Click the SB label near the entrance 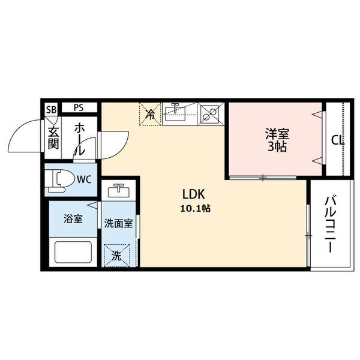[52, 109]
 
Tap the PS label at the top [79, 108]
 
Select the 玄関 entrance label [53, 137]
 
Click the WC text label [83, 178]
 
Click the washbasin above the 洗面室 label [119, 193]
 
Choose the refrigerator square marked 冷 [151, 112]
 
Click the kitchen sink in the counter [178, 112]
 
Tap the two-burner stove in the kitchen [210, 112]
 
